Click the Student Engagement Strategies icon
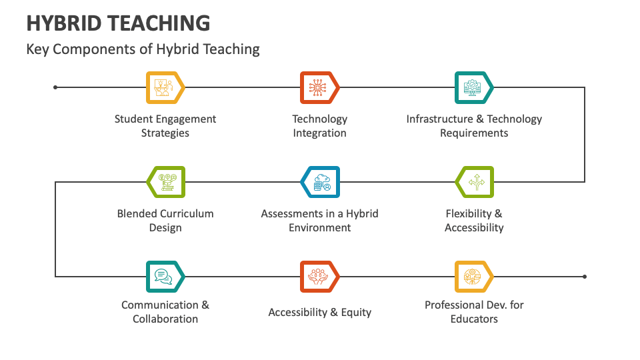click(164, 87)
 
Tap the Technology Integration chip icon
click(319, 87)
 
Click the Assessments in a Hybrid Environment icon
click(321, 182)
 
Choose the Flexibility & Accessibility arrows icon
click(475, 182)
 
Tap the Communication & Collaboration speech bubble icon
click(164, 276)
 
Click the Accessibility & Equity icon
click(319, 276)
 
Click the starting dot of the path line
click(55, 87)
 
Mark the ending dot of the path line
click(585, 276)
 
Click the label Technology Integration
click(320, 126)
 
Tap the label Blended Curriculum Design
click(165, 221)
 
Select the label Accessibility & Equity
click(320, 312)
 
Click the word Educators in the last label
click(474, 319)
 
